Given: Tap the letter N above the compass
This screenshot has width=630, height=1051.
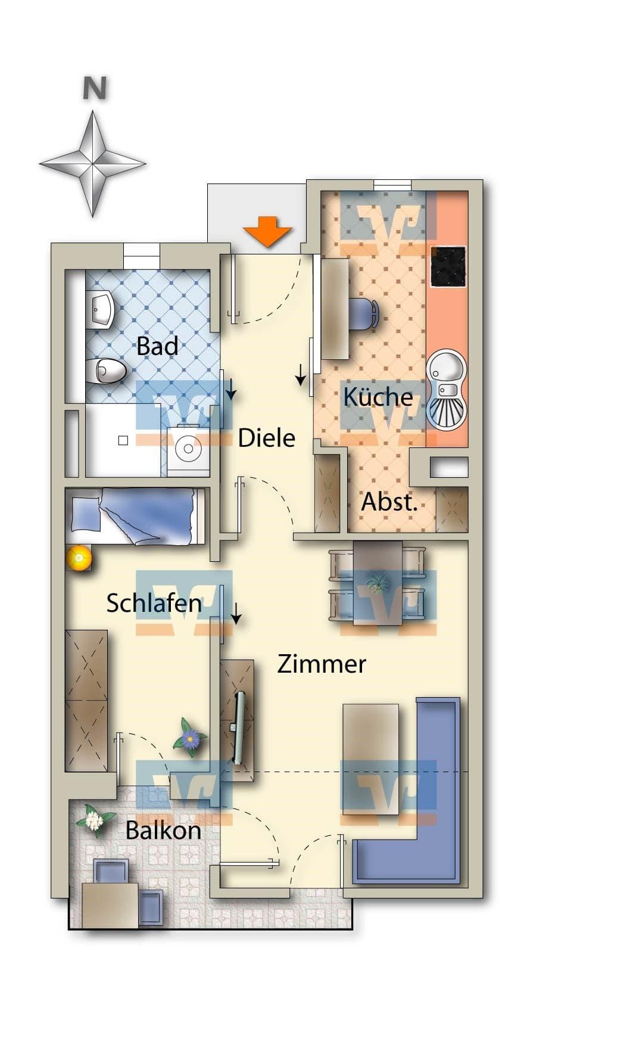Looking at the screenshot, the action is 94,89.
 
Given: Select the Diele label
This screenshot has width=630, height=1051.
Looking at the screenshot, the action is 266,438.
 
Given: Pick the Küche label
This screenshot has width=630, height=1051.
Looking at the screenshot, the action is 378,396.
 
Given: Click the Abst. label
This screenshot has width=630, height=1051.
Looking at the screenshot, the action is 389,502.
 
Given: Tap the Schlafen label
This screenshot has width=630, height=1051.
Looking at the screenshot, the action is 154,603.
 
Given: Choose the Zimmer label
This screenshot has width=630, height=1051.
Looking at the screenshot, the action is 322,664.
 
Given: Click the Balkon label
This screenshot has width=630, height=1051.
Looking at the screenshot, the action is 163,831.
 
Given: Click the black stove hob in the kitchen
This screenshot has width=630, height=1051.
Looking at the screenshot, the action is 447,266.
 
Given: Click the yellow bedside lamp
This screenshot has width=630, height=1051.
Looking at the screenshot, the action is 79,558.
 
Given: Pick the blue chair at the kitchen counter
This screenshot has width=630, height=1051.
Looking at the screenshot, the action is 363,313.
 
